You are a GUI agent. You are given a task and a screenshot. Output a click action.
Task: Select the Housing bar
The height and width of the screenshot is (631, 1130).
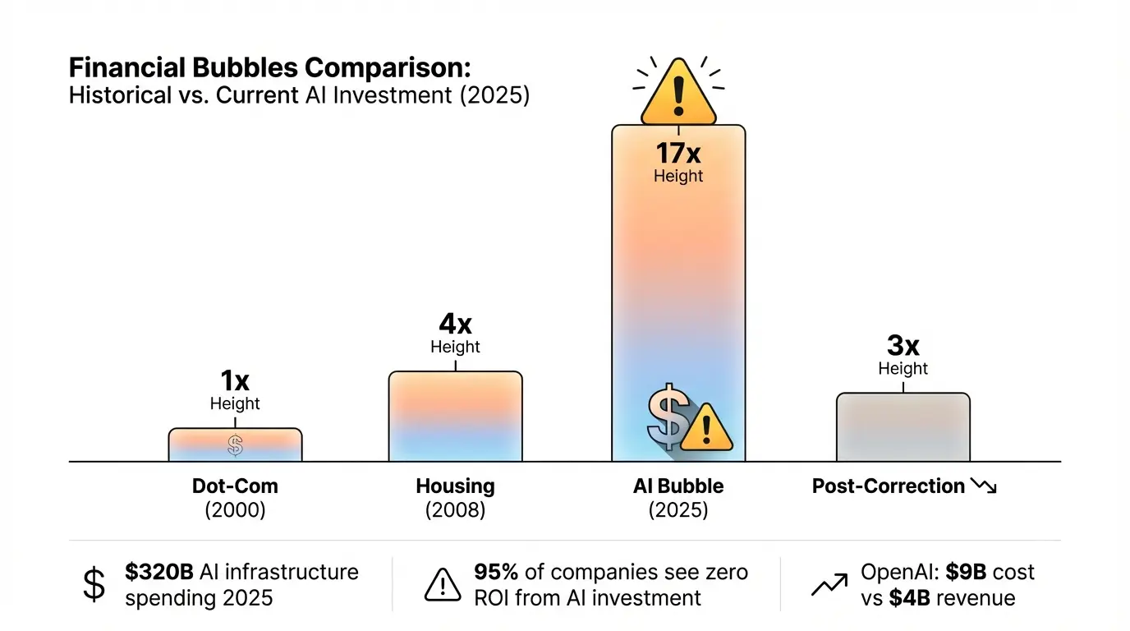pos(455,416)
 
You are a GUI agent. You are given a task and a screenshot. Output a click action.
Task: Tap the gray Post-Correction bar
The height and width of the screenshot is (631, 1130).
pos(903,427)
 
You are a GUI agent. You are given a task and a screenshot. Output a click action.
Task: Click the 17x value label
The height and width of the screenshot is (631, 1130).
pos(678,154)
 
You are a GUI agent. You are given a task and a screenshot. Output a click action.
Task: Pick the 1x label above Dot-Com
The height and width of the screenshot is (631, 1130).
pos(235,381)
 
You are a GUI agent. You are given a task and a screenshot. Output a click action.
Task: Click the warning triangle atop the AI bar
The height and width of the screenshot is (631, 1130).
pos(678,93)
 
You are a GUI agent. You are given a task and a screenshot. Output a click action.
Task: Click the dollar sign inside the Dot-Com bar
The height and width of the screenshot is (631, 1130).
pos(236,445)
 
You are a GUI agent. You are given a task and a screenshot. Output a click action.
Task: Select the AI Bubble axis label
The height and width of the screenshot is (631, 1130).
pos(678,486)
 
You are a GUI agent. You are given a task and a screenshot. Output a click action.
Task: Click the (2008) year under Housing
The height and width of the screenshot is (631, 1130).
pos(455,510)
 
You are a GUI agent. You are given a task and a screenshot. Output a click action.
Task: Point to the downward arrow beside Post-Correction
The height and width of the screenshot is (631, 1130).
pos(983,486)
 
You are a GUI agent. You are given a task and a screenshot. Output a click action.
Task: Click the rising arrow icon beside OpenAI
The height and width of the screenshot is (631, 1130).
pos(829,584)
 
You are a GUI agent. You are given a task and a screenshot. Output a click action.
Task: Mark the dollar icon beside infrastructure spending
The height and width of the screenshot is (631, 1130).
pos(95,584)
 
